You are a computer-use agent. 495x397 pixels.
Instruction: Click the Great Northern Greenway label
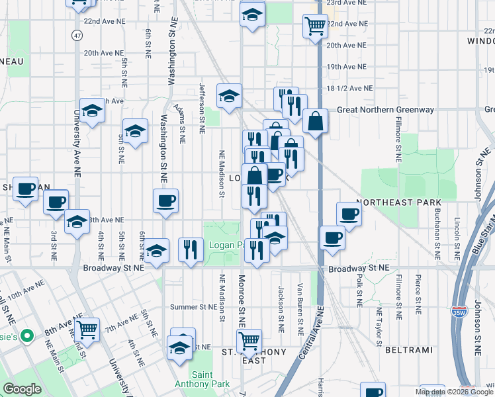point(386,110)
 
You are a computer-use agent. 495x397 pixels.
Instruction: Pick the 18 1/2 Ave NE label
point(349,88)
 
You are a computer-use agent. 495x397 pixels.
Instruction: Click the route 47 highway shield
point(77,34)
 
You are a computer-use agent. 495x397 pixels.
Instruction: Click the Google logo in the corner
point(22,389)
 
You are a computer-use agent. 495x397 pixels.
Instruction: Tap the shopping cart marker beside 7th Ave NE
point(87,329)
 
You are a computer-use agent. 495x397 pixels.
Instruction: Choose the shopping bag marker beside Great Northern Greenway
point(316,121)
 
